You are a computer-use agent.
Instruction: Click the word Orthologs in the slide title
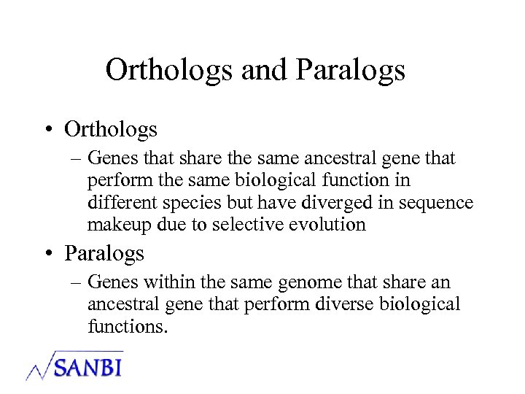point(168,71)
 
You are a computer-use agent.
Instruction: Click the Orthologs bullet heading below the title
point(111,130)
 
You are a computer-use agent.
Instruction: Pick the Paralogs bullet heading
point(104,254)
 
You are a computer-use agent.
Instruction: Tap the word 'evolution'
point(325,225)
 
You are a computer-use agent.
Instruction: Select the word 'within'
point(168,282)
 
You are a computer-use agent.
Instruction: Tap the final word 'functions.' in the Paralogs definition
point(128,326)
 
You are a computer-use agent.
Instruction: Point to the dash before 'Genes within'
point(76,283)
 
